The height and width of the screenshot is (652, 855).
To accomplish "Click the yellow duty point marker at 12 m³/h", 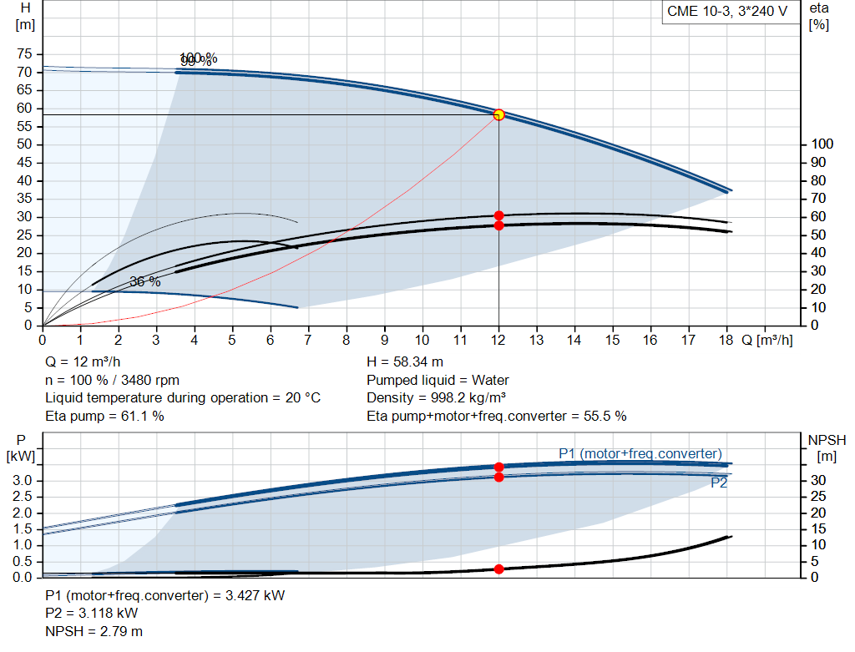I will pyautogui.click(x=499, y=114).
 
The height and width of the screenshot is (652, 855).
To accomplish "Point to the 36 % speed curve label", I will pyautogui.click(x=145, y=282).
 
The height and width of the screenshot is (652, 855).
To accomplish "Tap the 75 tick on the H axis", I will pyautogui.click(x=24, y=54).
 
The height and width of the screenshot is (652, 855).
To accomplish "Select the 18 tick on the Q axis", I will pyautogui.click(x=726, y=340).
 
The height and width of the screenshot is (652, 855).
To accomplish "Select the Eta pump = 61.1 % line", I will pyautogui.click(x=104, y=416).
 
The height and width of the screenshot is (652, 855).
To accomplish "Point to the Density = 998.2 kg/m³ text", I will pyautogui.click(x=438, y=397).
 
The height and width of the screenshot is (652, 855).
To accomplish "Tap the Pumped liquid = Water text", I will pyautogui.click(x=438, y=380).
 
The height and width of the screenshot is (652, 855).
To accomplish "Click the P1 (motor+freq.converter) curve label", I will pyautogui.click(x=640, y=453).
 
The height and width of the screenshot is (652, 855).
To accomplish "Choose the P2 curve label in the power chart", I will pyautogui.click(x=719, y=483).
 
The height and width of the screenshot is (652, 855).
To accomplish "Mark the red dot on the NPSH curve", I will pyautogui.click(x=499, y=569).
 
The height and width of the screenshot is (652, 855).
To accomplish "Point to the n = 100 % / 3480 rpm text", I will pyautogui.click(x=113, y=380).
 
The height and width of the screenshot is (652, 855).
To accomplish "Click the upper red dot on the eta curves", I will pyautogui.click(x=499, y=215).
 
